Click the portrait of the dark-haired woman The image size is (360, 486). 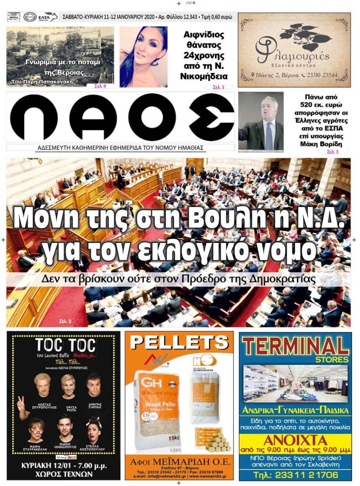[143, 56]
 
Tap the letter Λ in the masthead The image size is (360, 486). [92, 118]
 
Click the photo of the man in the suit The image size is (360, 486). [261, 121]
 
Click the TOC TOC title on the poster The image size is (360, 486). [65, 346]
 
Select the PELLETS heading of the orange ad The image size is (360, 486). [179, 343]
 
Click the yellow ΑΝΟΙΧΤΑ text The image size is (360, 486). [295, 440]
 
